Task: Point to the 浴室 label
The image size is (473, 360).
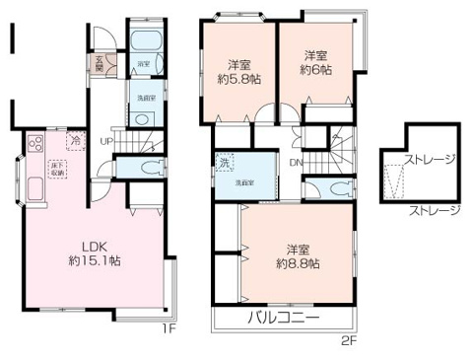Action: [143, 65]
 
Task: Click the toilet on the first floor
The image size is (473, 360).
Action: [148, 166]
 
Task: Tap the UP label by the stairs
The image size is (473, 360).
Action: [105, 141]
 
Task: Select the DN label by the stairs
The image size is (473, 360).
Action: [296, 164]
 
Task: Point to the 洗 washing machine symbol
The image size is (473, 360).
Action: [225, 163]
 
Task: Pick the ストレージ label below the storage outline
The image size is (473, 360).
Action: [434, 209]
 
